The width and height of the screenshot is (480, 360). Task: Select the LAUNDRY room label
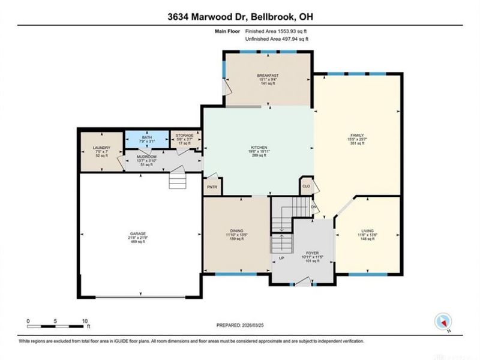100,147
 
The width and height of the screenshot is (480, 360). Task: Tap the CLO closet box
306,186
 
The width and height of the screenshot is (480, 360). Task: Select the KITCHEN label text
259,148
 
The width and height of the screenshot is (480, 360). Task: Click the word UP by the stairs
281,259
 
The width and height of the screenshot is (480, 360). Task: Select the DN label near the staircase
313,206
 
